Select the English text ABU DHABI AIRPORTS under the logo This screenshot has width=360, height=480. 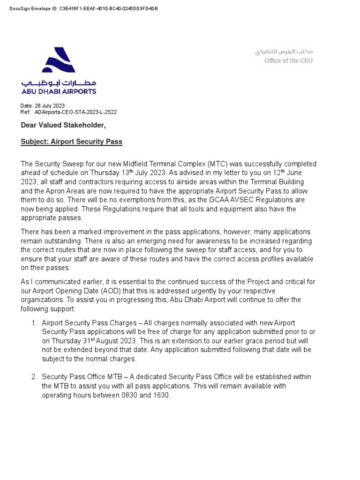click(x=59, y=91)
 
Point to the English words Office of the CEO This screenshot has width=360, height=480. click(x=288, y=60)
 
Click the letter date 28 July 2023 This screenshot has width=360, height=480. click(x=49, y=106)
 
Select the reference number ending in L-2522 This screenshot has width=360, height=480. click(x=75, y=112)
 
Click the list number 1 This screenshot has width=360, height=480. click(x=34, y=323)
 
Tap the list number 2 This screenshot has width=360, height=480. click(x=34, y=377)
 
